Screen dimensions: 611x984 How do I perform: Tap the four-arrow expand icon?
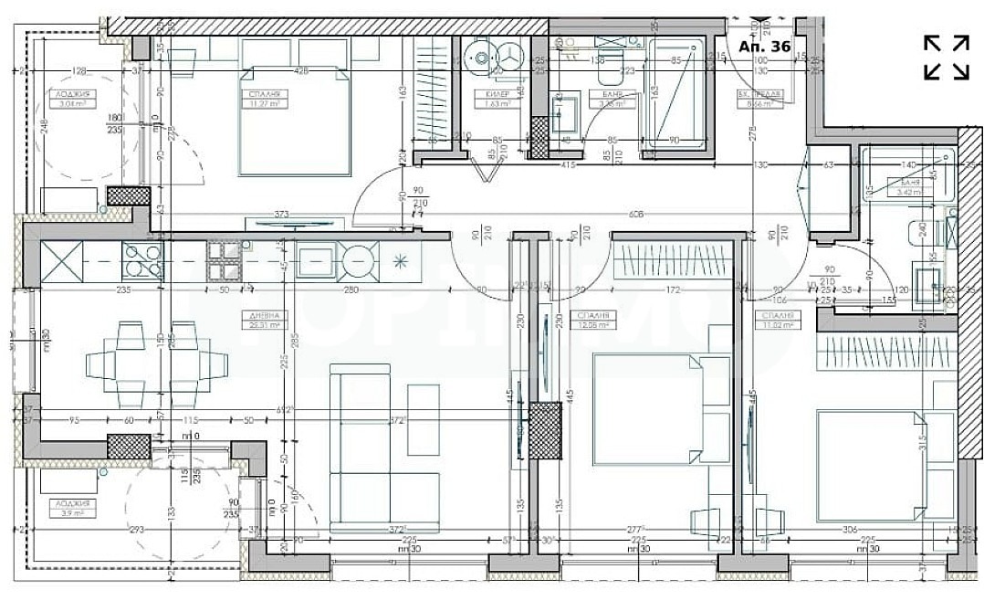click(x=946, y=58)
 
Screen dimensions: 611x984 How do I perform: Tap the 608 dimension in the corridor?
click(x=635, y=216)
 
